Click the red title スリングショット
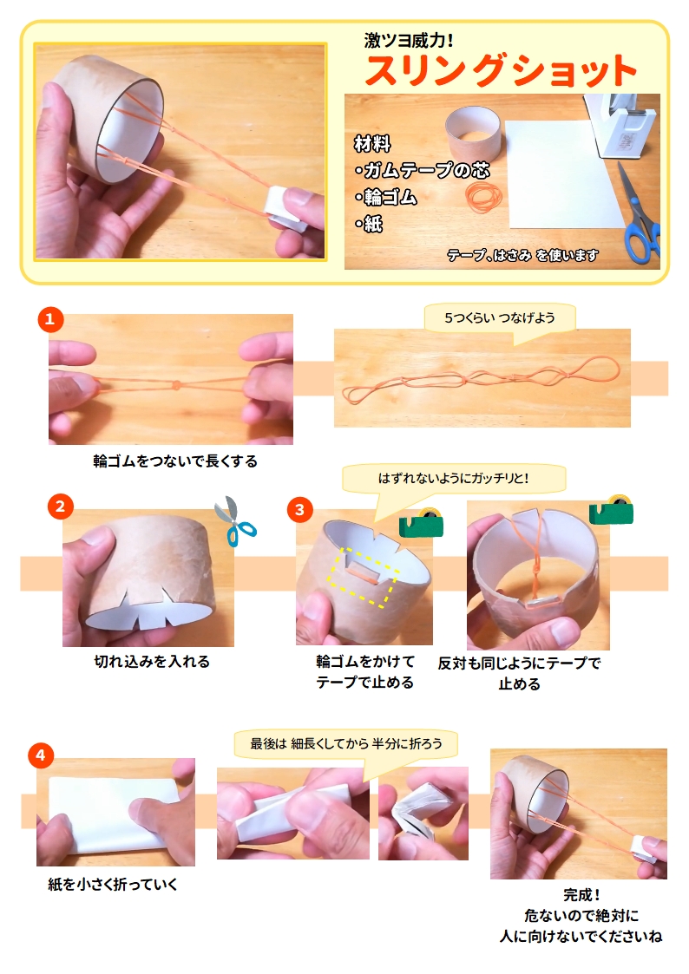tap(501, 70)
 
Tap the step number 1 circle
tap(50, 320)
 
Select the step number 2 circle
tap(60, 507)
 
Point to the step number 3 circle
tap(300, 510)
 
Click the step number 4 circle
tap(41, 755)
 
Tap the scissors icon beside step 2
tap(235, 520)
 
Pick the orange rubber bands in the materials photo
tap(484, 198)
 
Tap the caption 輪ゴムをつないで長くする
tap(175, 461)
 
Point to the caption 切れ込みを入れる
tap(152, 662)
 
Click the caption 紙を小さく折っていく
tap(113, 884)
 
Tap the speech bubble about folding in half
tap(346, 745)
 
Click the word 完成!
tap(581, 894)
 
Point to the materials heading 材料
tap(372, 144)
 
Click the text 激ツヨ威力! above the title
tap(409, 41)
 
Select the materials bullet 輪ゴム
tap(386, 198)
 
